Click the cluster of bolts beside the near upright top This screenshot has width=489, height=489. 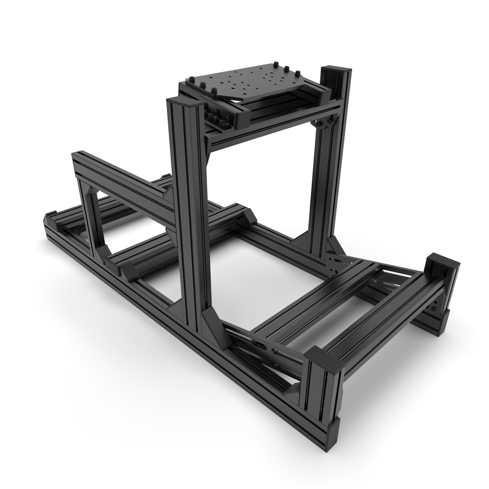click(x=218, y=118)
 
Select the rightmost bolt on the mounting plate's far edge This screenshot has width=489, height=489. click(x=298, y=73)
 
